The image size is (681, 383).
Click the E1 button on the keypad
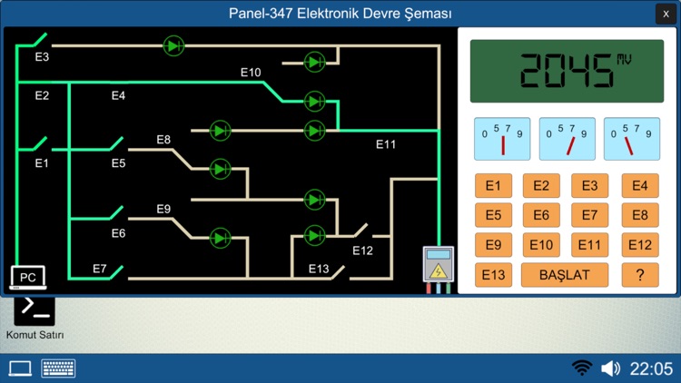[x=493, y=186]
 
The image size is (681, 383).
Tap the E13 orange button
[x=493, y=275]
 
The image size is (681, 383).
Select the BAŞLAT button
[x=564, y=275]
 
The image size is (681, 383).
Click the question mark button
[x=640, y=275]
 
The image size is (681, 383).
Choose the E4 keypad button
[x=640, y=186]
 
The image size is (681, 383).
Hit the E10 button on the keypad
[x=541, y=245]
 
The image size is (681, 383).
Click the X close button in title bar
[x=667, y=14]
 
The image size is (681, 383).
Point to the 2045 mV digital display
[x=567, y=70]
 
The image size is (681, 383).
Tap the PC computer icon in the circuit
[x=27, y=277]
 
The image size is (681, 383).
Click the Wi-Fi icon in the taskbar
[x=582, y=368]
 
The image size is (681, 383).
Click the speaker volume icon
[x=611, y=368]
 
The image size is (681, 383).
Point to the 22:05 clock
[x=652, y=368]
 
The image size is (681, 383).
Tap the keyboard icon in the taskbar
[x=58, y=368]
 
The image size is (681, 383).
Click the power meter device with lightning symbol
[x=438, y=267]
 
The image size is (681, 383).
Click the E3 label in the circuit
[x=42, y=57]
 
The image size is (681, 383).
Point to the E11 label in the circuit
[x=387, y=143]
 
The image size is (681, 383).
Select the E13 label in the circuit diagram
[x=319, y=269]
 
